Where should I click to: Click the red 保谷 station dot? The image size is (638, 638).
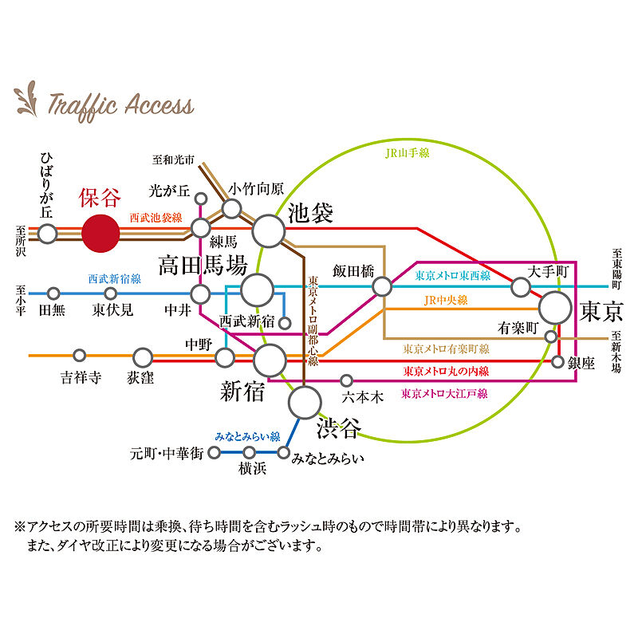(x=100, y=233)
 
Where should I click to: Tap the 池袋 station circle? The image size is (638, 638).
(x=269, y=230)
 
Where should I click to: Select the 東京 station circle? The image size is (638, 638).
(x=555, y=308)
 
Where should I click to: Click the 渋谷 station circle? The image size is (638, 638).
(x=305, y=403)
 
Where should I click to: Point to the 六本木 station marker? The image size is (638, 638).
(x=346, y=381)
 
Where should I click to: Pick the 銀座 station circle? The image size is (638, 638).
(x=557, y=361)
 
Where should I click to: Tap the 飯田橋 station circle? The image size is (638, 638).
(x=382, y=286)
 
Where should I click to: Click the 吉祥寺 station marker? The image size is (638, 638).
(x=79, y=355)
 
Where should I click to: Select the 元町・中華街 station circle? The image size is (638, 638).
(x=214, y=452)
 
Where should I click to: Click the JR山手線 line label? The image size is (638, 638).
(x=407, y=153)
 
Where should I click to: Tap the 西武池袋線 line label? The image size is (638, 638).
(x=156, y=218)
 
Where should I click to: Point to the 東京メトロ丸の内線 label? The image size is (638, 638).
(x=446, y=371)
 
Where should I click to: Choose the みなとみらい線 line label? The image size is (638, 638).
(x=247, y=436)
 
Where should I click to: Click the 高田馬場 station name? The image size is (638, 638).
(x=203, y=266)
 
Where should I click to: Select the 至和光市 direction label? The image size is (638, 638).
(x=173, y=159)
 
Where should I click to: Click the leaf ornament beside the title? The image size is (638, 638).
(x=26, y=100)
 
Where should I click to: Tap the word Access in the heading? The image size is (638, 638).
(x=159, y=105)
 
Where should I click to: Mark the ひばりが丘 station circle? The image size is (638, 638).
(x=47, y=234)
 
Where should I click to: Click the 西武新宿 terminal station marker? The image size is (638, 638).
(x=285, y=323)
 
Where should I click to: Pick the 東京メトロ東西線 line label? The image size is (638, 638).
(x=452, y=276)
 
